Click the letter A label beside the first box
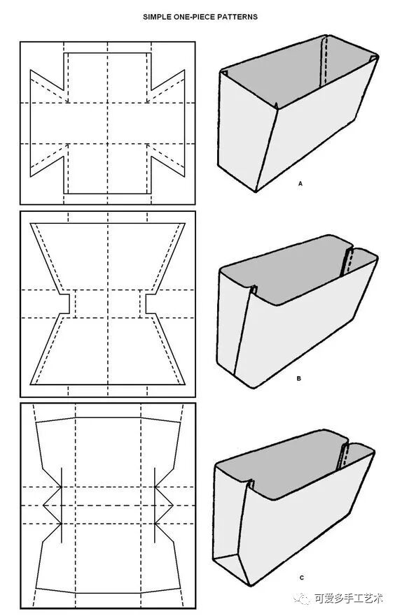point(300,183)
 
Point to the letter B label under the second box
point(299,378)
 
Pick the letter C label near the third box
point(302,578)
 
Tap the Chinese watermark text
point(349,598)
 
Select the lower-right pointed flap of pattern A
point(168,159)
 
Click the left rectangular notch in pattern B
point(65,303)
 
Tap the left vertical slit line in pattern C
point(62,506)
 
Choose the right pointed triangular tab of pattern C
point(165,506)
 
